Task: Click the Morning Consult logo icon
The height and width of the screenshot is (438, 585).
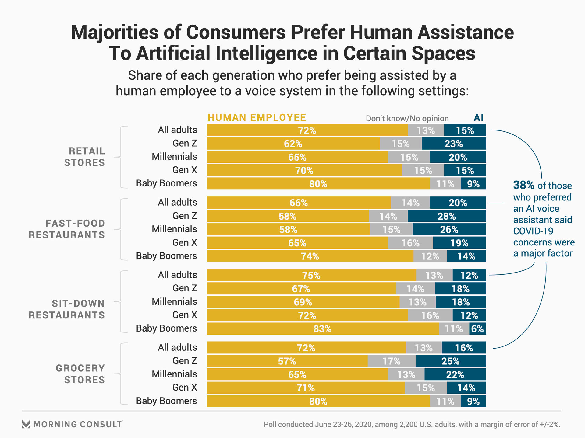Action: click(26, 424)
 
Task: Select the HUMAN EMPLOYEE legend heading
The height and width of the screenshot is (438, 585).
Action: click(257, 118)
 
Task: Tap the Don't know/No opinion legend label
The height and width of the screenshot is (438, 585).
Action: click(407, 118)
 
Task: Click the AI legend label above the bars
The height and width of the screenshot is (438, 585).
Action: click(478, 118)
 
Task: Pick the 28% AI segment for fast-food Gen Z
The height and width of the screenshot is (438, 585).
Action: click(447, 216)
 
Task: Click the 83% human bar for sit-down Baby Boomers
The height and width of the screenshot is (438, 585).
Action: click(322, 329)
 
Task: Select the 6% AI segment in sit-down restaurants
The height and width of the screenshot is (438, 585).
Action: click(477, 329)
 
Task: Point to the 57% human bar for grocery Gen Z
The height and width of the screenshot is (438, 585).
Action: click(287, 361)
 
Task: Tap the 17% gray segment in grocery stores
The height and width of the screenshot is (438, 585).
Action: click(391, 361)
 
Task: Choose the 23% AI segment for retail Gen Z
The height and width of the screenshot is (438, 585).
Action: click(454, 144)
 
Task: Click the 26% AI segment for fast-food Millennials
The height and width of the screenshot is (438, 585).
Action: click(449, 230)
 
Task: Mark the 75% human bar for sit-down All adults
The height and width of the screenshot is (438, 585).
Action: click(311, 275)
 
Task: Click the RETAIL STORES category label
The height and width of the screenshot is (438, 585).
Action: click(84, 157)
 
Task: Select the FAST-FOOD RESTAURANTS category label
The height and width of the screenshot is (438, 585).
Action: click(67, 229)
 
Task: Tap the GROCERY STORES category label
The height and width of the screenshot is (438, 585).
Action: click(80, 374)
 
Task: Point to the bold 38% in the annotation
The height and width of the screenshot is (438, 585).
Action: click(524, 185)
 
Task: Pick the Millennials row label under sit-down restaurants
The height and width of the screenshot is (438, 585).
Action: click(174, 302)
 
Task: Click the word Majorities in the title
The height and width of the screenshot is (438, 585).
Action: click(115, 32)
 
